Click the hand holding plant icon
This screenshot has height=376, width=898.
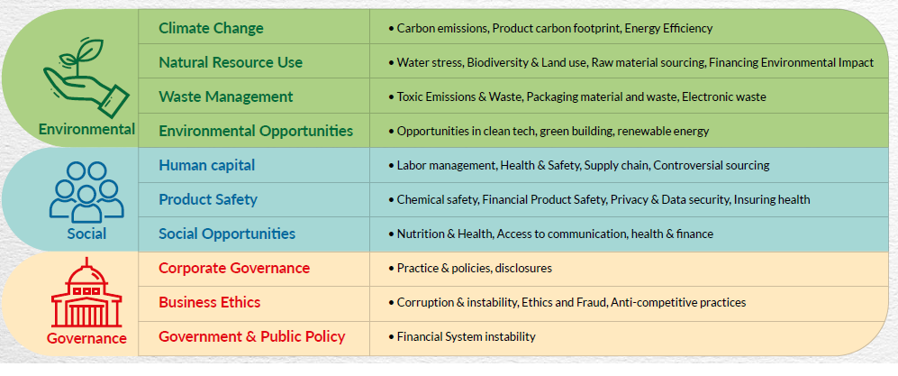tap(86, 78)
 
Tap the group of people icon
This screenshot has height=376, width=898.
tap(86, 191)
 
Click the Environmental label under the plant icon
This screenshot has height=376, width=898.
tap(86, 129)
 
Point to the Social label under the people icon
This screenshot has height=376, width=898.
tap(86, 234)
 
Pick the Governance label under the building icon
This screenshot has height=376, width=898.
tap(86, 338)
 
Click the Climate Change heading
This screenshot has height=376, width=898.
tap(211, 28)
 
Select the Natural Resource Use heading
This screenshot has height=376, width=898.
tap(231, 62)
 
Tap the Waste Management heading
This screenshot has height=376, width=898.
tap(226, 96)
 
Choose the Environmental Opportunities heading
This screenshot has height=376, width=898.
tap(256, 132)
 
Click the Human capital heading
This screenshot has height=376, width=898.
tap(207, 166)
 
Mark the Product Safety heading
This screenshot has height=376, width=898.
tap(208, 199)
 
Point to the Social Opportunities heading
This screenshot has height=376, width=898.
tap(227, 234)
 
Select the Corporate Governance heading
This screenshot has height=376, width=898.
tap(234, 268)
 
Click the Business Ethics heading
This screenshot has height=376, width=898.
tap(210, 302)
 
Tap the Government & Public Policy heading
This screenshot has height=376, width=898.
tap(252, 336)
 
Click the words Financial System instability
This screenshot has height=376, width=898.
tap(467, 337)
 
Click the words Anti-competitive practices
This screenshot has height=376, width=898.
tap(678, 303)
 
